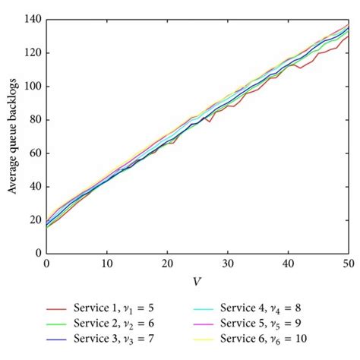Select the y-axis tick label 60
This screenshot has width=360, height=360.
pos(35,153)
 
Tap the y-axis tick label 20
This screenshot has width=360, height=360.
pos(35,219)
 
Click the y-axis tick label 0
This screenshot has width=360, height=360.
pos(38,253)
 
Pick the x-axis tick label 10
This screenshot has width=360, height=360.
pos(106,263)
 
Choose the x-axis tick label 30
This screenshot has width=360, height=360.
pos(228,263)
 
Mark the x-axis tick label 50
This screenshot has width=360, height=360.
pos(349,263)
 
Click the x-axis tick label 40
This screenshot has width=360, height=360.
pos(289,263)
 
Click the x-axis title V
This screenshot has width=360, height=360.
pos(197,281)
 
